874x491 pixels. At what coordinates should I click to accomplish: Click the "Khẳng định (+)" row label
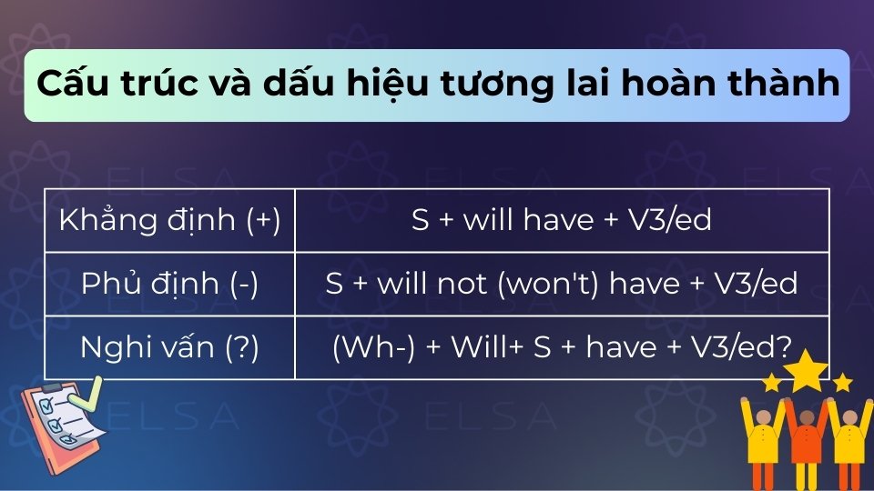pos(169,221)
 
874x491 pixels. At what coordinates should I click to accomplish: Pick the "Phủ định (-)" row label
pos(169,284)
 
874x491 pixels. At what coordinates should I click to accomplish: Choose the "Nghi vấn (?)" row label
pos(169,347)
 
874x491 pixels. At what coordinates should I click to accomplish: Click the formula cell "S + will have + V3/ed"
pos(562,221)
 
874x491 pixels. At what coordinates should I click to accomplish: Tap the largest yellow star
pos(808,371)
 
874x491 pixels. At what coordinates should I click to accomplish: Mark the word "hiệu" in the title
pos(381,85)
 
